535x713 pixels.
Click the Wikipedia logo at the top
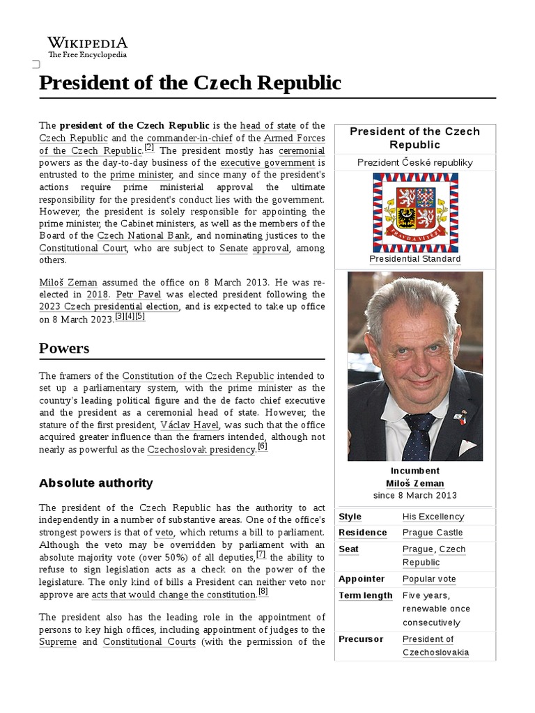tap(87, 47)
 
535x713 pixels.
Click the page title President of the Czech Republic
tap(190, 83)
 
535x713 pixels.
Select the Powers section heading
tap(64, 347)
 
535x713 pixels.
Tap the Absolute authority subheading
tap(95, 483)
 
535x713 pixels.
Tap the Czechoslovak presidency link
tap(201, 450)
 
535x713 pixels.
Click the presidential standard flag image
tap(415, 212)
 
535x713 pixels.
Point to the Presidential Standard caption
tap(415, 259)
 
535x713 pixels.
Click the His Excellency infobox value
tap(433, 517)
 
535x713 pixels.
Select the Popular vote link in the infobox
tap(429, 579)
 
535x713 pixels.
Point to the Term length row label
tap(365, 595)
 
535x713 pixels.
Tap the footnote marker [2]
tap(149, 148)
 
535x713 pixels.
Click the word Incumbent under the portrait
tap(414, 471)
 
